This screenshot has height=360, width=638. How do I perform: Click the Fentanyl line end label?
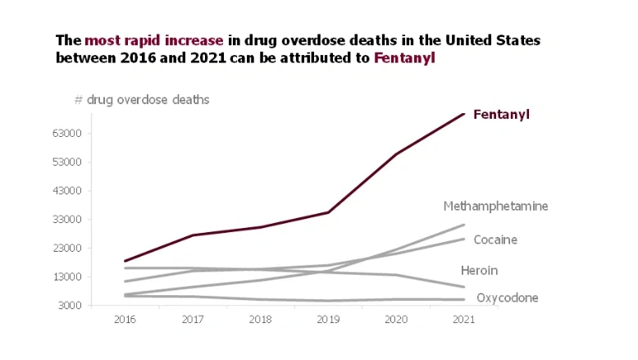coord(501,115)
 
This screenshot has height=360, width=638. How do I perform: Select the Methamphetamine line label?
coord(495,207)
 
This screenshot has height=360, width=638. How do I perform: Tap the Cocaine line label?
coord(495,240)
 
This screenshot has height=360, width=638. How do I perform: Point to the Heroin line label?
coord(479,271)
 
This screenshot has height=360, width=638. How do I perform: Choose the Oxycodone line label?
coord(507,298)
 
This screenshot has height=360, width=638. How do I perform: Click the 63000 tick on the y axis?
coord(71,134)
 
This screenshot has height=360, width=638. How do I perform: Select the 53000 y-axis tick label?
coord(71,162)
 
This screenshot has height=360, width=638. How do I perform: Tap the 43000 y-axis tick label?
coord(71,191)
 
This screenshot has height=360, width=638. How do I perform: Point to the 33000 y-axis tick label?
coord(71,220)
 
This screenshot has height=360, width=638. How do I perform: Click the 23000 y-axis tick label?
coord(71,248)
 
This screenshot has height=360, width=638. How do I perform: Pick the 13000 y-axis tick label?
coord(71,277)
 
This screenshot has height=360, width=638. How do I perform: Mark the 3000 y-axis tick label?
coord(74,306)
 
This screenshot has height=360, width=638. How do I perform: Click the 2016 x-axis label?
coord(125,320)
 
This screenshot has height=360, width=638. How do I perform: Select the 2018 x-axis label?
coord(261,320)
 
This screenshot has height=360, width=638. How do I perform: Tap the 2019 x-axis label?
coord(329,320)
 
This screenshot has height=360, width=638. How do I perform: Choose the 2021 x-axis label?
coord(464,320)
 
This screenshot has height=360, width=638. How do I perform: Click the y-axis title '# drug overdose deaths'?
coord(142,100)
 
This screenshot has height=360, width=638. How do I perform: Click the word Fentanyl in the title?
coord(404,58)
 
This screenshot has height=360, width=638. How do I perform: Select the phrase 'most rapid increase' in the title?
coord(153,40)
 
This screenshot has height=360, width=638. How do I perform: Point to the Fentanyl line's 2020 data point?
coord(397,153)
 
